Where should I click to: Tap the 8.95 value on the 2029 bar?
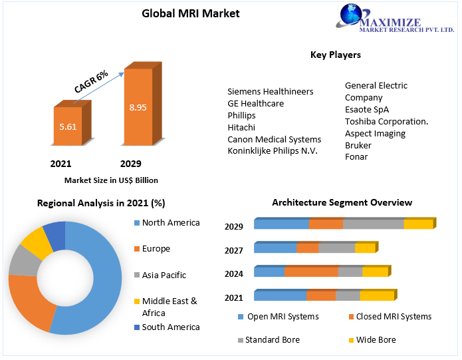pyautogui.click(x=138, y=107)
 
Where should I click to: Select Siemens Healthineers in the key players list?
pyautogui.click(x=270, y=91)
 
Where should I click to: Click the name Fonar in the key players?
pyautogui.click(x=356, y=157)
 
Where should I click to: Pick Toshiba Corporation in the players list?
pyautogui.click(x=386, y=121)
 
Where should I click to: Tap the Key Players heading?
pyautogui.click(x=335, y=55)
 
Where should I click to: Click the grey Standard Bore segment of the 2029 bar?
pyautogui.click(x=373, y=224)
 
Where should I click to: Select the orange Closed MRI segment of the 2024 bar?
pyautogui.click(x=311, y=271)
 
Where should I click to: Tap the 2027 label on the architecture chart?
pyautogui.click(x=233, y=250)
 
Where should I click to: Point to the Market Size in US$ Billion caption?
pyautogui.click(x=111, y=180)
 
